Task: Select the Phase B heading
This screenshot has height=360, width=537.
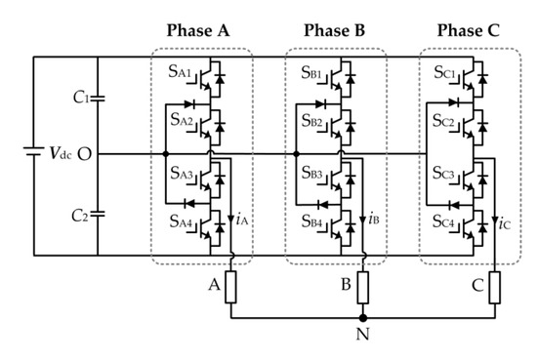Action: coord(336,30)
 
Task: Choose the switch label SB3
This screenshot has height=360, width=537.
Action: coord(310,176)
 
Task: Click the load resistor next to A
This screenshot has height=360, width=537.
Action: coord(231,287)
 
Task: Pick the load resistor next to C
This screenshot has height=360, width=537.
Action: coord(495,287)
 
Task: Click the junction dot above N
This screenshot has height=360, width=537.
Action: coord(363,318)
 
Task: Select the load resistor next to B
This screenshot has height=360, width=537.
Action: coord(363,287)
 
